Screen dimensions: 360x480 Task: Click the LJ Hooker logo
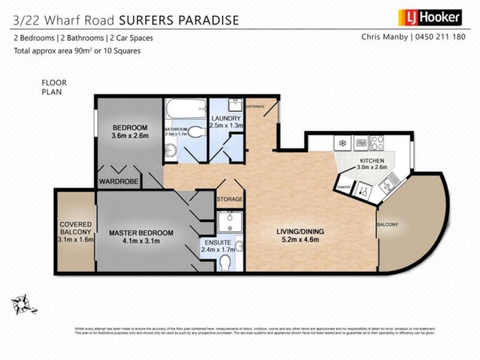[x=430, y=18]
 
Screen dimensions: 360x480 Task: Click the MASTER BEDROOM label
[x=141, y=233]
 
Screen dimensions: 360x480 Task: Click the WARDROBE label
[x=118, y=181]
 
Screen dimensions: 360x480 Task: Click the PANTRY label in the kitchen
[x=344, y=187]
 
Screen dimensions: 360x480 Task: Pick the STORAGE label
[x=230, y=199]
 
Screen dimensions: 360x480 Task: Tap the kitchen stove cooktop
[x=377, y=143]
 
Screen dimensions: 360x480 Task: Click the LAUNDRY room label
[x=226, y=118]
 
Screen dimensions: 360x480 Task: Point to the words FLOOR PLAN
[x=54, y=87]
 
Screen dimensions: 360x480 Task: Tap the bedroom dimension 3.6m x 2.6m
[x=130, y=136]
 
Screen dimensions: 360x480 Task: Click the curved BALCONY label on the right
[x=388, y=224]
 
